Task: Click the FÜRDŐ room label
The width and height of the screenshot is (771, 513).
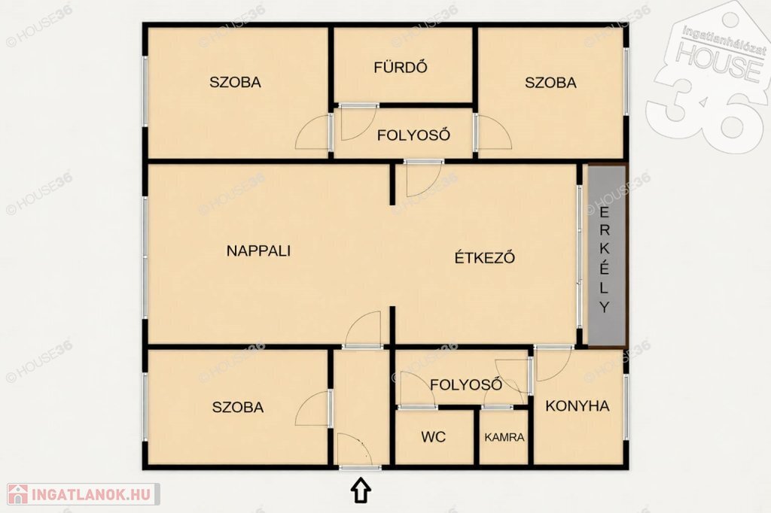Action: (401, 67)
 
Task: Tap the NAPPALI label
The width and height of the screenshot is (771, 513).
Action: (259, 250)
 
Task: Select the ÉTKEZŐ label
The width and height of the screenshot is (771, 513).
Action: (484, 257)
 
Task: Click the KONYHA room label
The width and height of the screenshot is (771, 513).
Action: (577, 406)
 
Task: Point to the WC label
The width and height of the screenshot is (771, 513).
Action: (433, 436)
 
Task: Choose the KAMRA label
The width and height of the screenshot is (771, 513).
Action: (504, 437)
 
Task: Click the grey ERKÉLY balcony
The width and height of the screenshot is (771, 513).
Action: (607, 256)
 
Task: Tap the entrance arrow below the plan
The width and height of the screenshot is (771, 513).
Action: (361, 490)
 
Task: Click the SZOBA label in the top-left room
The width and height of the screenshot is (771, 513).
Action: (235, 82)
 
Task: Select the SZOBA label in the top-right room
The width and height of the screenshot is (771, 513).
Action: (550, 82)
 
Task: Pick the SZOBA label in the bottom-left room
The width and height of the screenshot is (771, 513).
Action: (238, 407)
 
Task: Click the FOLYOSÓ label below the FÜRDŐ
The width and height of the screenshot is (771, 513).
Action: (413, 135)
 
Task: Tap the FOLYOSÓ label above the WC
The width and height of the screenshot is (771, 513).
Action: (466, 384)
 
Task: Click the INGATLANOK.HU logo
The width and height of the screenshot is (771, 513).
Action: (84, 494)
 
